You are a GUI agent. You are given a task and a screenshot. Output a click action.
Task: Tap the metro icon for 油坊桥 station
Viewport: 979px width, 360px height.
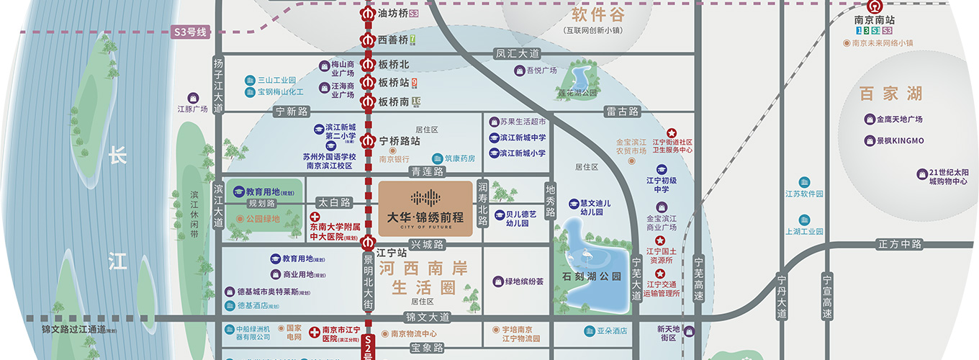tap(368, 13)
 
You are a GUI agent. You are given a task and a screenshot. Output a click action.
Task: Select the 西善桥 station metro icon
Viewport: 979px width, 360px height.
tap(368, 40)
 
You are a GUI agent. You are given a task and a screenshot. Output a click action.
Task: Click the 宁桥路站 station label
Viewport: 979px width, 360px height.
tap(400, 140)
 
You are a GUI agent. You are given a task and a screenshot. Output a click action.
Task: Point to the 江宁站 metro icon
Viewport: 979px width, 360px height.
tap(368, 241)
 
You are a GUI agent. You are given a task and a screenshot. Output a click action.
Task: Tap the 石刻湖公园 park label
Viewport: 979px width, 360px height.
tap(592, 276)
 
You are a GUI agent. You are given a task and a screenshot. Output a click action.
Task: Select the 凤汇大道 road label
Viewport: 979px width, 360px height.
tap(516, 53)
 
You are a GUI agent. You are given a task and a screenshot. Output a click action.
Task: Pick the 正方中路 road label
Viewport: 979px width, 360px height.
tap(900, 244)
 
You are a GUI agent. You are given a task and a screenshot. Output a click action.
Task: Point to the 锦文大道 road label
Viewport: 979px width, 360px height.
tap(427, 317)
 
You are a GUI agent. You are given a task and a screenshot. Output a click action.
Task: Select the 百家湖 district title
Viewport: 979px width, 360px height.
tap(890, 94)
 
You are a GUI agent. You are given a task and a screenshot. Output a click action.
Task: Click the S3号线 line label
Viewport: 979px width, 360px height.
tap(190, 32)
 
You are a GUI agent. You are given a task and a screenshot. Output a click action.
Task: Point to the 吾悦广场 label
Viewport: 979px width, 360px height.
tap(541, 71)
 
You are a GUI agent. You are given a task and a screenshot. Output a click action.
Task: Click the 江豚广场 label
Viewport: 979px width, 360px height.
tap(192, 109)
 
